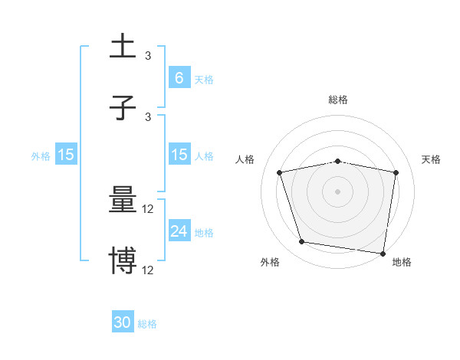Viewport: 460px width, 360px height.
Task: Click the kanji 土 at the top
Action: tap(123, 46)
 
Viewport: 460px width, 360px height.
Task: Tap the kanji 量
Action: tap(123, 201)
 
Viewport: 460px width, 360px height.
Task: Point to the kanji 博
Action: tap(123, 260)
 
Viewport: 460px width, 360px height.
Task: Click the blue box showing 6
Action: tap(179, 77)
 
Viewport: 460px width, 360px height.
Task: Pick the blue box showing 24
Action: tap(179, 231)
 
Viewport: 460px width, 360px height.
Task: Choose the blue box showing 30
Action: tap(123, 322)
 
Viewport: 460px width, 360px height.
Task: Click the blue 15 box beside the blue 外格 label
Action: tap(66, 155)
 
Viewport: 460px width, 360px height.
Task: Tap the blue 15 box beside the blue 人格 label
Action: tap(179, 155)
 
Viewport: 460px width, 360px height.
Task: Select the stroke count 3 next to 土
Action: tap(148, 56)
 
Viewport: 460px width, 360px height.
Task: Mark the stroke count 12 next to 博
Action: tap(148, 270)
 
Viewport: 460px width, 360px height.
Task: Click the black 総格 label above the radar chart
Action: tap(338, 100)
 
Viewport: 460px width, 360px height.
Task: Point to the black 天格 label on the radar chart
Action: tap(431, 159)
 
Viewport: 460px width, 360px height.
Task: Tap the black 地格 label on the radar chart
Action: tap(402, 262)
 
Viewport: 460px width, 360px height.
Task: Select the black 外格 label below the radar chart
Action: tap(270, 262)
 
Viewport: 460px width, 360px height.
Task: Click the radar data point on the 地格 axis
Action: tap(383, 253)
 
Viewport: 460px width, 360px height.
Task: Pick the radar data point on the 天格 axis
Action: tap(396, 172)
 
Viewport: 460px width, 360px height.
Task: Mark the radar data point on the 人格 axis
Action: tap(280, 172)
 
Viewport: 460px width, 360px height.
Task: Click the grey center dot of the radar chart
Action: tap(338, 191)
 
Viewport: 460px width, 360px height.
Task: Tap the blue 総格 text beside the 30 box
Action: tap(147, 324)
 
